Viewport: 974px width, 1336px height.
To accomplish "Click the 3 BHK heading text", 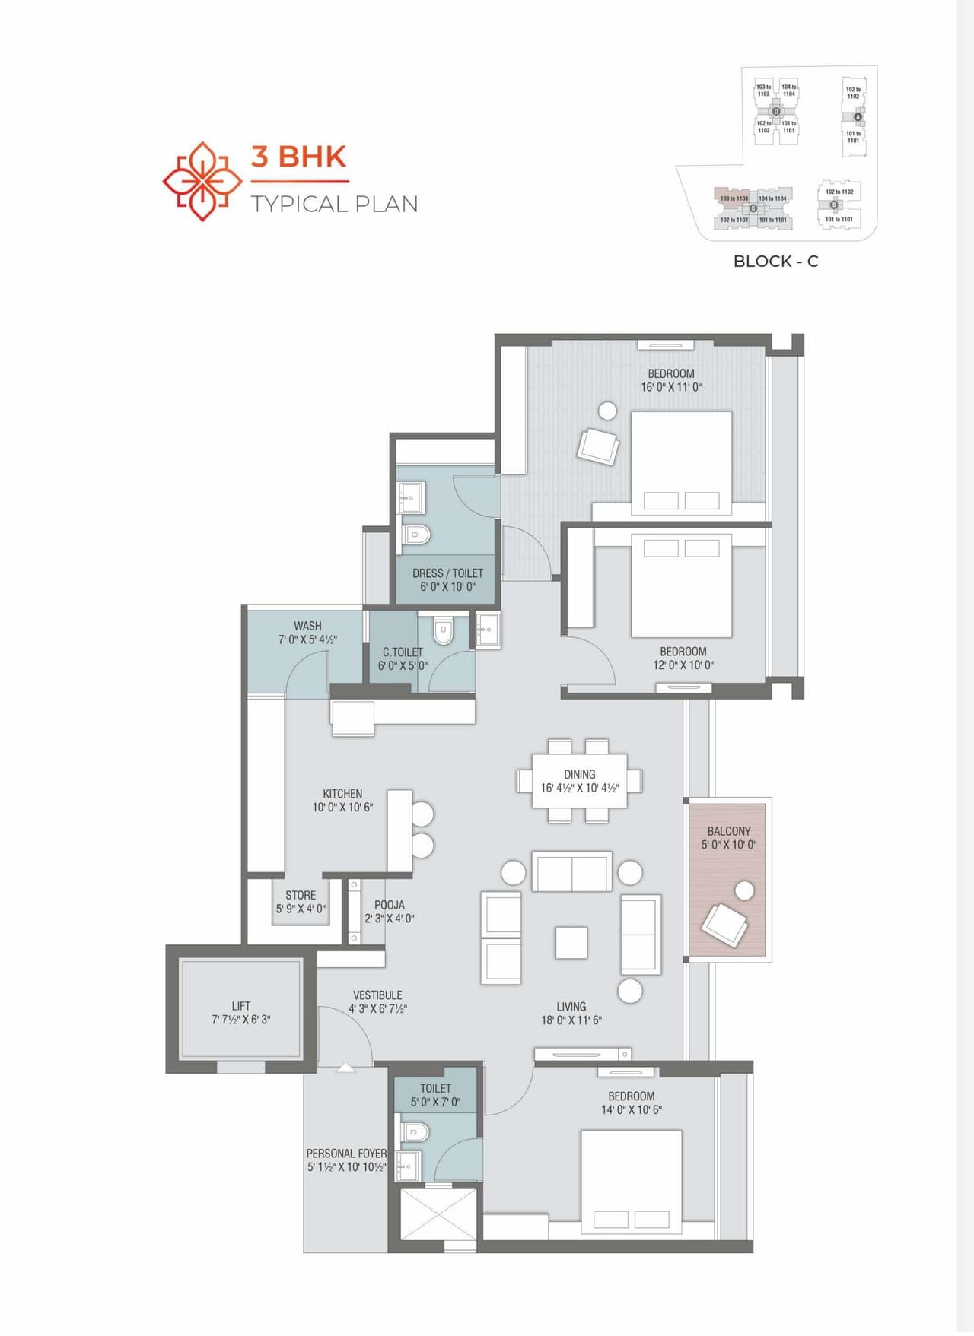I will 298,157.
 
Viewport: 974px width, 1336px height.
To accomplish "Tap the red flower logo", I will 202,181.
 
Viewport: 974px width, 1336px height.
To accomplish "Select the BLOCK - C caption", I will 775,262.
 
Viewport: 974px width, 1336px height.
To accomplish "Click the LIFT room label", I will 240,1006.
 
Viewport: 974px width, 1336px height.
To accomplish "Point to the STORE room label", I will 301,895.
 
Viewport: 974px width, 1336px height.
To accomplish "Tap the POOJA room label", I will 389,905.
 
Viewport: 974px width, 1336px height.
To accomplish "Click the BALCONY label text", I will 728,831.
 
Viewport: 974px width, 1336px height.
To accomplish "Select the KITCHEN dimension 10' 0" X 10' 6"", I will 342,807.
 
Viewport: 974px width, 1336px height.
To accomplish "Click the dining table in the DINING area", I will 579,781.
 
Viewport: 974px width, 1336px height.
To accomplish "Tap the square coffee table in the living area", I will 571,943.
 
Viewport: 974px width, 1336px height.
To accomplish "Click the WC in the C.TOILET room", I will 443,630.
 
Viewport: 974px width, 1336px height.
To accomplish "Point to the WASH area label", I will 307,626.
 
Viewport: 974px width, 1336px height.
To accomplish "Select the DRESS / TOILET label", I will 447,573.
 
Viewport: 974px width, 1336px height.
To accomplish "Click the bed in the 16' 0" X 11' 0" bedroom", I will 681,460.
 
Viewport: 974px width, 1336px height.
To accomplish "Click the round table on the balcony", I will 744,890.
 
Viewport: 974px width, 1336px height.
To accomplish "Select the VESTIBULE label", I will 377,995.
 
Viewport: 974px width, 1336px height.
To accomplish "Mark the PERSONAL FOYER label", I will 346,1153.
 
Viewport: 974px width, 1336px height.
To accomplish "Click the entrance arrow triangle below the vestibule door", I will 345,1068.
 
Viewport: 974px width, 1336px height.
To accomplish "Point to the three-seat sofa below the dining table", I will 571,871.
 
